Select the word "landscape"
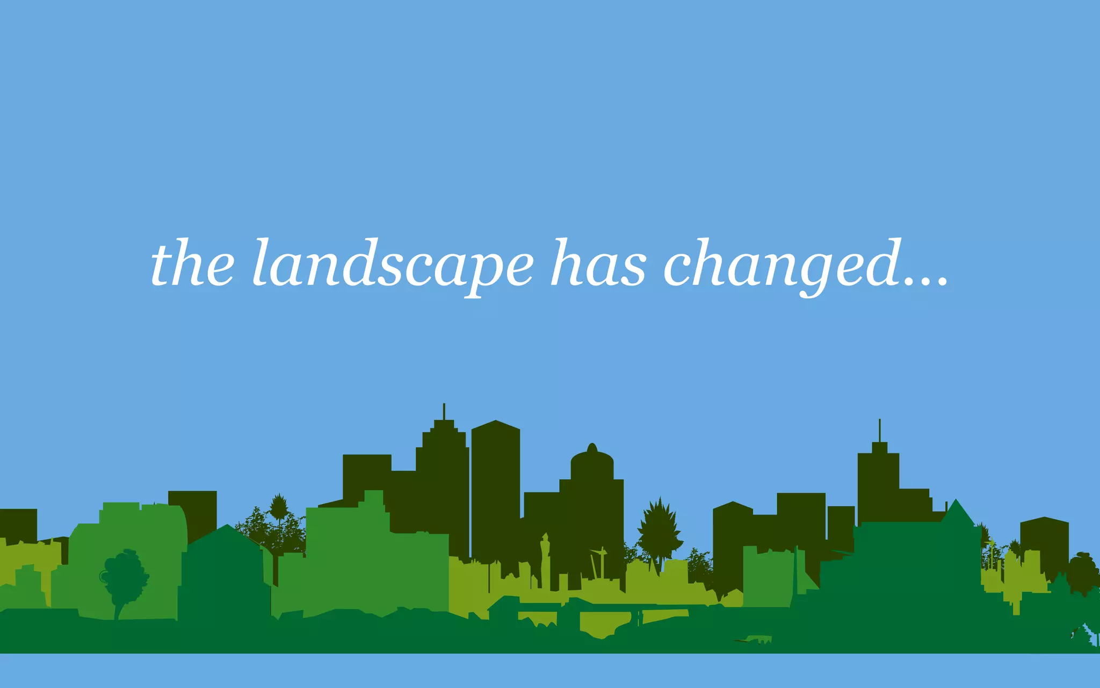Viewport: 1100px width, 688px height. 393,266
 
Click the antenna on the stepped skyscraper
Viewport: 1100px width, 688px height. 444,411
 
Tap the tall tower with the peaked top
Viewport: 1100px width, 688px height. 495,484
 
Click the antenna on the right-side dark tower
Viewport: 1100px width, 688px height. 879,430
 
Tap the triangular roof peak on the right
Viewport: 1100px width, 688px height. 956,511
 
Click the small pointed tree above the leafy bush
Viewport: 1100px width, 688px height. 278,505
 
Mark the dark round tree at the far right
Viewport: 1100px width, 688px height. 1082,572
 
